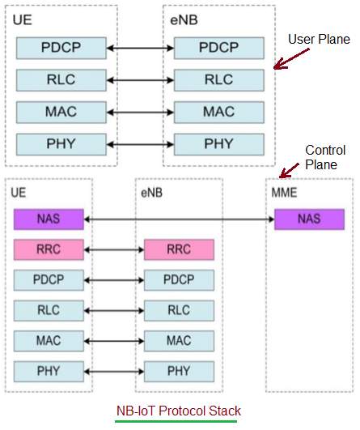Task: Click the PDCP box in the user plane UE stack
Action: click(61, 48)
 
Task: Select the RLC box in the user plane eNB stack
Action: click(219, 80)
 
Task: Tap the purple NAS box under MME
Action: click(309, 219)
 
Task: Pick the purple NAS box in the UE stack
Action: click(49, 219)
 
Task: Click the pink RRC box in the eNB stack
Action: click(179, 249)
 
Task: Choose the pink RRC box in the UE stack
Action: click(49, 249)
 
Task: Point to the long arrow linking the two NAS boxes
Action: click(179, 219)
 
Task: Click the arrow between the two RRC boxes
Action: click(114, 250)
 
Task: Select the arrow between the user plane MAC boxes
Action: click(140, 113)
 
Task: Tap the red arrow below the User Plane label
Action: click(291, 59)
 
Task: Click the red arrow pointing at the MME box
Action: click(289, 171)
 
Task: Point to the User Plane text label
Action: click(319, 39)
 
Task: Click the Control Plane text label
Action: click(325, 157)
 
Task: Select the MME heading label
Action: click(284, 193)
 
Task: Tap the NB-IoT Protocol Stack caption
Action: click(179, 411)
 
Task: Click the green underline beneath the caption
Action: click(176, 421)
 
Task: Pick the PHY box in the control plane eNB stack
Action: click(179, 372)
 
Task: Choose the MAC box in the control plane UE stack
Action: click(49, 341)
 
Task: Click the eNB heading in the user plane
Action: click(184, 20)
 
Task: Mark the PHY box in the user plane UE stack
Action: click(61, 144)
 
